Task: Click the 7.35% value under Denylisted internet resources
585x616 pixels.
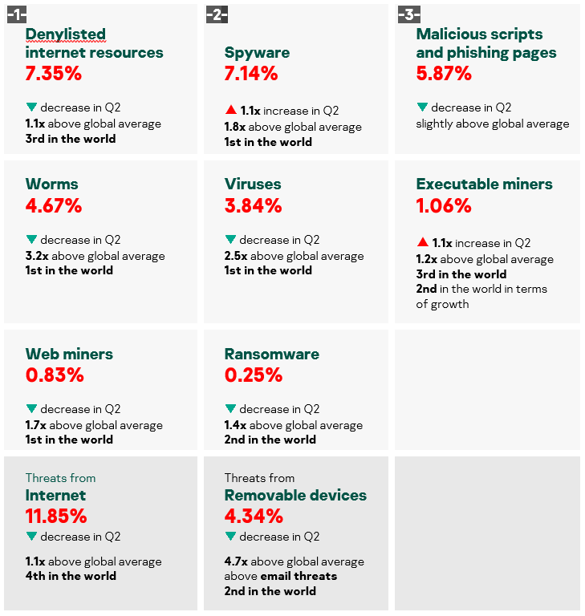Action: [x=53, y=73]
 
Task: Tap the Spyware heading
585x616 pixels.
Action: [x=257, y=53]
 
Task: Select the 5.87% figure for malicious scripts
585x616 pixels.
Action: [x=444, y=73]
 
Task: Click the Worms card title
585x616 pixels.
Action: [x=52, y=184]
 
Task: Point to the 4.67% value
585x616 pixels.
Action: [x=54, y=205]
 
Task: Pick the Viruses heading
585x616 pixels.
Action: [x=253, y=184]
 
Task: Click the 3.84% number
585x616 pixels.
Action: [x=253, y=205]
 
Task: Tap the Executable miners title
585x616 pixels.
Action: [x=484, y=184]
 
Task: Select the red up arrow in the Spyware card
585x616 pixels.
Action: [x=230, y=110]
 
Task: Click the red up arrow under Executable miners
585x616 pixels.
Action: [x=422, y=242]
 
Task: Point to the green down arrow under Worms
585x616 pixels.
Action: [x=31, y=239]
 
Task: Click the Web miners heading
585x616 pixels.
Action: [x=69, y=354]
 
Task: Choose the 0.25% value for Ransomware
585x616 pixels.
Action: [x=253, y=375]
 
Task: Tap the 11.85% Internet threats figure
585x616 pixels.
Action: [x=56, y=516]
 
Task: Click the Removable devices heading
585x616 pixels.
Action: [x=295, y=495]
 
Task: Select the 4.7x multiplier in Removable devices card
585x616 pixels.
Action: [x=235, y=561]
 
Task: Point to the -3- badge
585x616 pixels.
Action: [x=408, y=14]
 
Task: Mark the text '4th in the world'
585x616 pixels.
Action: [x=71, y=576]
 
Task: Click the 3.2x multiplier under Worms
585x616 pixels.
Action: [x=36, y=256]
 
